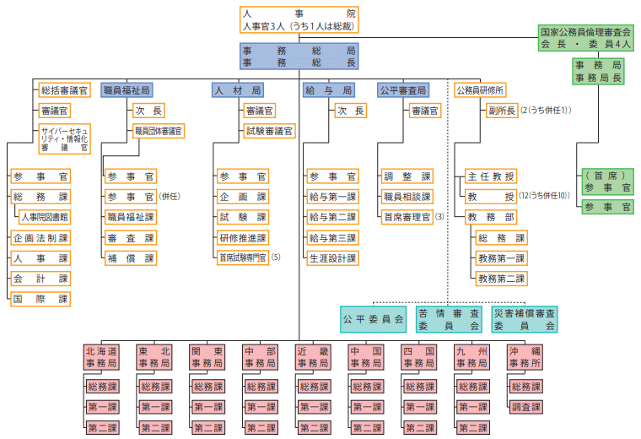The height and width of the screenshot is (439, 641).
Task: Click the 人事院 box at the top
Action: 299,20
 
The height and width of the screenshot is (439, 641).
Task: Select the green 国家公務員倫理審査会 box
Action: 585,38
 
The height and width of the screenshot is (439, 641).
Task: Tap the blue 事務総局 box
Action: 299,57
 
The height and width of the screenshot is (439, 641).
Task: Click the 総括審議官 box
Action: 64,89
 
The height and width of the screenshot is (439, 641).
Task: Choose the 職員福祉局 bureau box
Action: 127,89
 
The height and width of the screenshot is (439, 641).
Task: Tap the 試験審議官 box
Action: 269,131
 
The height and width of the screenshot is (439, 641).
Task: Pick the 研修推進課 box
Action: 242,238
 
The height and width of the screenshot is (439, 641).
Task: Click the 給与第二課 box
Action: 332,217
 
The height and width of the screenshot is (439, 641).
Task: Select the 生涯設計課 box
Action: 332,258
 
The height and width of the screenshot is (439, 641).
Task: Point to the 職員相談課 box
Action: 407,197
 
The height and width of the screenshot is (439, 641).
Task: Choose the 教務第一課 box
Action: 501,258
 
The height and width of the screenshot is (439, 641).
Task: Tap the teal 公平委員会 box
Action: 373,319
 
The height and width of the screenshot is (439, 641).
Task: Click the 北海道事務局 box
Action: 101,356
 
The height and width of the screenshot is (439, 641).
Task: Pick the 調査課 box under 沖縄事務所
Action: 525,406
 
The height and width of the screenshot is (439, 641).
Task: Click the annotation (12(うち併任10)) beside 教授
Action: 546,197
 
